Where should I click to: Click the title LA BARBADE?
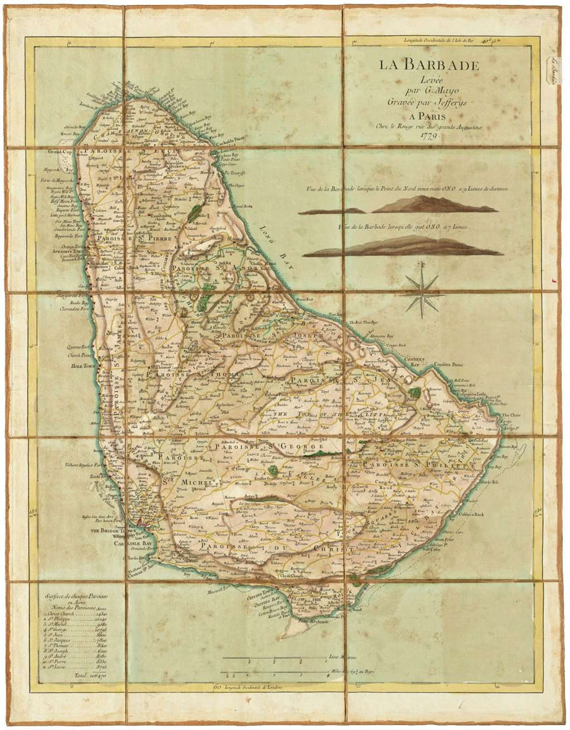[429, 65]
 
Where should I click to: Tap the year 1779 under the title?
[429, 135]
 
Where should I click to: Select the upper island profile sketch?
[399, 206]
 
